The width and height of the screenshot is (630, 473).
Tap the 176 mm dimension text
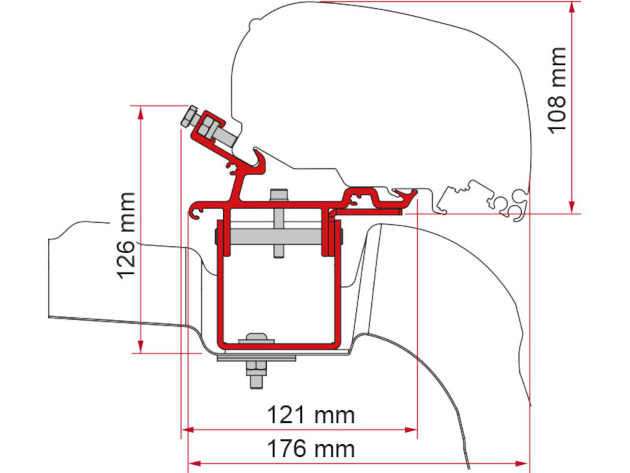point(311,449)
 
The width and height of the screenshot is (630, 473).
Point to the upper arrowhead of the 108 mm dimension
point(572,7)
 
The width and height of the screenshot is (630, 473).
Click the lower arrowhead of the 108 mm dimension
point(572,207)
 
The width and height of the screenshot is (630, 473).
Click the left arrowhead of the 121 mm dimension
point(188,430)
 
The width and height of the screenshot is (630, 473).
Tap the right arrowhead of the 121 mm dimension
point(411,430)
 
